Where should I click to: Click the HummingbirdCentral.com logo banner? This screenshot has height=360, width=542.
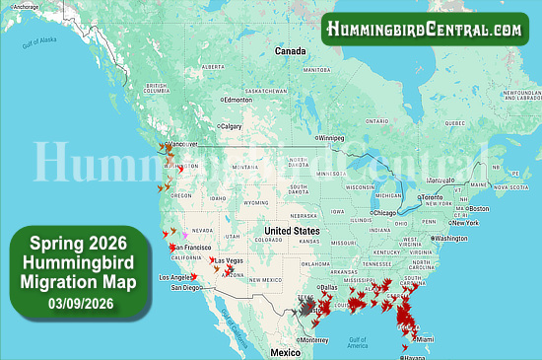425,29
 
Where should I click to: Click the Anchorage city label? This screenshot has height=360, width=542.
26,6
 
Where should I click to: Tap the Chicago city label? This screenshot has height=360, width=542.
384,212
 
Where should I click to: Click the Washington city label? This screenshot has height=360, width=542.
449,239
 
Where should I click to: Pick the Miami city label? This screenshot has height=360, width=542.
425,339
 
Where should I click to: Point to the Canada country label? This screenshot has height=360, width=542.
291,50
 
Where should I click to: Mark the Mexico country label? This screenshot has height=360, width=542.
286,352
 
